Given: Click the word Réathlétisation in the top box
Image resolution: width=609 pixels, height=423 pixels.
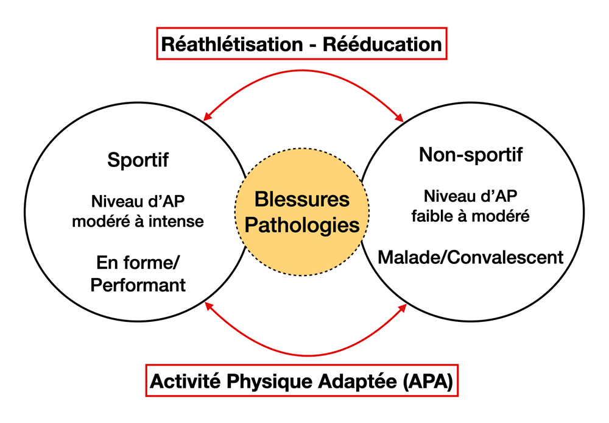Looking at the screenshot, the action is click(x=232, y=44).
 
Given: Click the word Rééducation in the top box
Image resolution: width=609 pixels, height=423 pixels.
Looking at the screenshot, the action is click(x=382, y=44).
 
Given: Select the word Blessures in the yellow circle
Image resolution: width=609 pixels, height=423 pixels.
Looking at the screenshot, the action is click(x=302, y=199).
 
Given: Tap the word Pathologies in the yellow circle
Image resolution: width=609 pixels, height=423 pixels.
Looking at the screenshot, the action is click(x=302, y=226).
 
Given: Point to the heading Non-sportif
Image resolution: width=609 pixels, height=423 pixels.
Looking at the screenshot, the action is click(x=471, y=155).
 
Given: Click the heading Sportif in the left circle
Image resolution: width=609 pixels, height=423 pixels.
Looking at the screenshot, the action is click(x=138, y=160).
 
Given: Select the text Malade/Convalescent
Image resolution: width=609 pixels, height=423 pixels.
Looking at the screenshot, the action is click(x=470, y=257).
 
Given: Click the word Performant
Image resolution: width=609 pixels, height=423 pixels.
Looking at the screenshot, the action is click(x=138, y=285).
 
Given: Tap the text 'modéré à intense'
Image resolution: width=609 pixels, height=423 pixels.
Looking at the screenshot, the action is click(x=138, y=221).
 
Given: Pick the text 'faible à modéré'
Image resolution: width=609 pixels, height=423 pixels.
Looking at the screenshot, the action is click(x=470, y=216).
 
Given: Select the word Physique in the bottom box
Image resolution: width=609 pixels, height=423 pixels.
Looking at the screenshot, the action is click(x=270, y=382).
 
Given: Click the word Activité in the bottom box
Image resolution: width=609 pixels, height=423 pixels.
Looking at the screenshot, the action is click(x=186, y=381).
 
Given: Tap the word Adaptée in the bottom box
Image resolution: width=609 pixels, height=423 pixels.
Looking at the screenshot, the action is click(x=357, y=382).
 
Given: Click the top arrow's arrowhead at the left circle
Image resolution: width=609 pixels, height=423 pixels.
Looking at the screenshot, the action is click(x=208, y=116).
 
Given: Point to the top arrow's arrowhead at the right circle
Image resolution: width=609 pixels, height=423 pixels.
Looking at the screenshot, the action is click(x=400, y=118).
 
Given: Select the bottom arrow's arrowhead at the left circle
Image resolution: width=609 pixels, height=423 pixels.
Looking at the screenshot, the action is click(x=209, y=306).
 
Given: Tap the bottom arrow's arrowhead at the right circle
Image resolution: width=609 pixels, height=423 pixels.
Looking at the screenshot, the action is click(x=403, y=308).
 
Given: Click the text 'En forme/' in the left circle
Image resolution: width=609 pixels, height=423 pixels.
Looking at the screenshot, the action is click(x=138, y=263).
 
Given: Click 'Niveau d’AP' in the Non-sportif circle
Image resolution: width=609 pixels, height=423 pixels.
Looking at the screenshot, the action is click(x=470, y=196).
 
